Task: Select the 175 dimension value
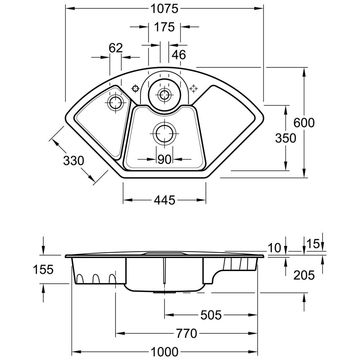[165, 27]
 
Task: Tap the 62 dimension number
[116, 48]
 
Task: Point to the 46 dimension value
[179, 55]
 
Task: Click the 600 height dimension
[304, 123]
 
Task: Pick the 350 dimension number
[285, 138]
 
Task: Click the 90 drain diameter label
[164, 159]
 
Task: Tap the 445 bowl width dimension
[165, 200]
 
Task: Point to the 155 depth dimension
[43, 269]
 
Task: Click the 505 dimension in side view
[211, 315]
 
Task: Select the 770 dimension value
[187, 333]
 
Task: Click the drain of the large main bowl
[165, 134]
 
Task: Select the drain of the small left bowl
[116, 103]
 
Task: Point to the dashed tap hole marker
[194, 88]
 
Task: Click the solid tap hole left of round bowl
[135, 88]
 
